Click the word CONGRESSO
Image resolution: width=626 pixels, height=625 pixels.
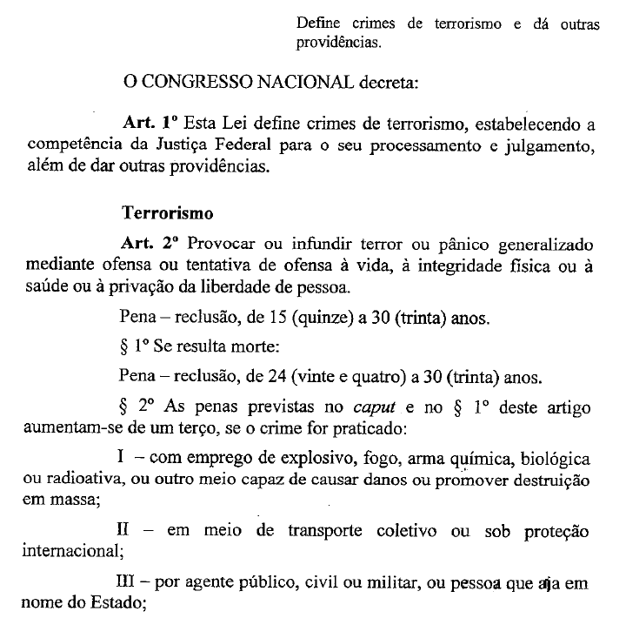pos(193,84)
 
